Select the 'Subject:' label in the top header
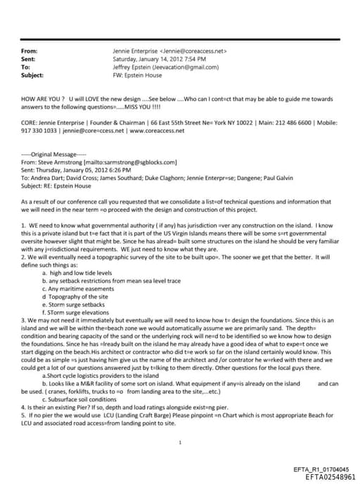[32, 75]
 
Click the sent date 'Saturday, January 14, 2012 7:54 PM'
[158, 59]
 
